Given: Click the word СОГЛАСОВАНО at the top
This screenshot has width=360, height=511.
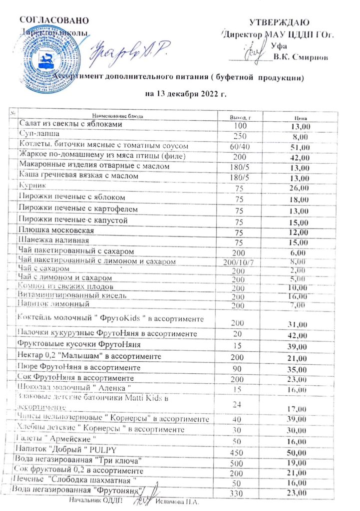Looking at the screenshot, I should [54, 20].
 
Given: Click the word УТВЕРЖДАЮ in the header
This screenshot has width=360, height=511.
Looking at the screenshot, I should [280, 22].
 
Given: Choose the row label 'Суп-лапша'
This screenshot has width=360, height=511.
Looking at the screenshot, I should [39, 135].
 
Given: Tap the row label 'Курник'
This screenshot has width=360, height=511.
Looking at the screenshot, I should [32, 185].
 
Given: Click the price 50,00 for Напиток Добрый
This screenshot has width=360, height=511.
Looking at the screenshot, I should [301, 451].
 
